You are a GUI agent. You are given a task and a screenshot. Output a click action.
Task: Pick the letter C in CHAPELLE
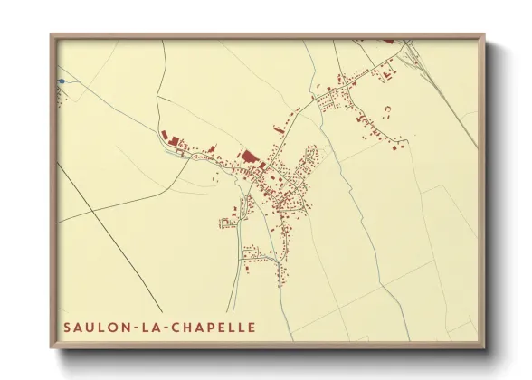click(x=176, y=327)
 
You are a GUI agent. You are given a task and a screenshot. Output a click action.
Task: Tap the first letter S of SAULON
click(x=68, y=327)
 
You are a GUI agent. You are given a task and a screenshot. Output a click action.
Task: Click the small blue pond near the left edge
click(x=62, y=81)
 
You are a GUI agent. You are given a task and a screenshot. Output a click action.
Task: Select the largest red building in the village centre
click(x=246, y=157)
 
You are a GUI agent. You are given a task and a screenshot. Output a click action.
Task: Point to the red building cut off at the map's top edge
click(x=389, y=40)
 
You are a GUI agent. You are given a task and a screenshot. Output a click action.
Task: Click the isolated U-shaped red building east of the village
click(x=388, y=110)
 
